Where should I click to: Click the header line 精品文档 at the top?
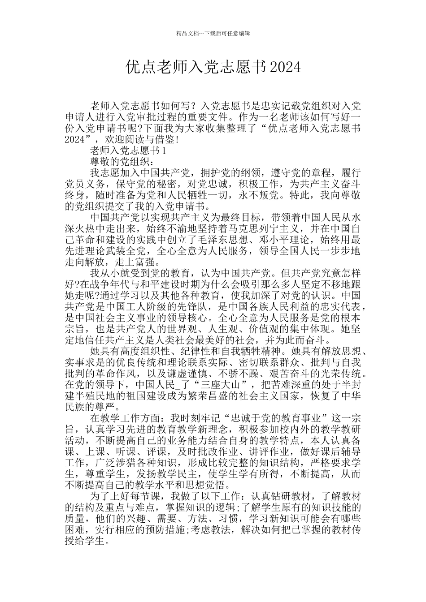(213, 33)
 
